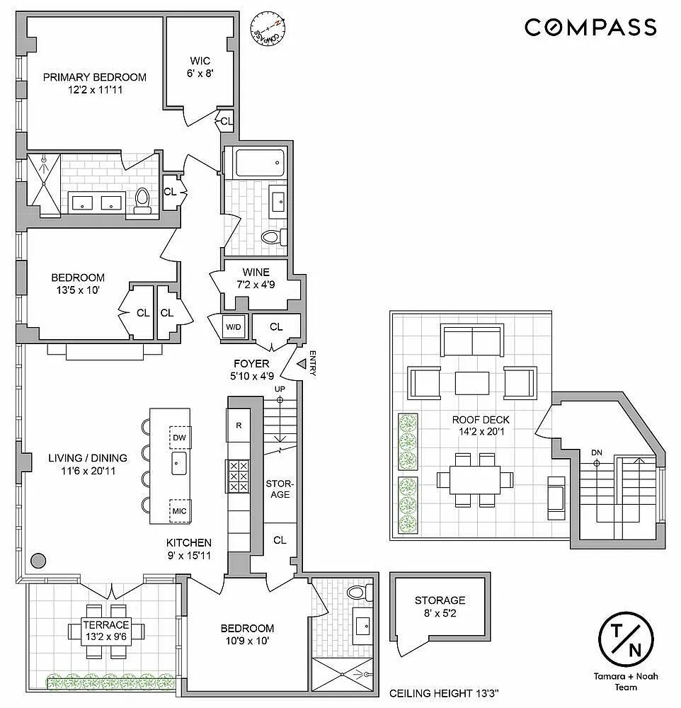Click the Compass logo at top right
coord(590,27)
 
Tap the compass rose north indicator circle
coord(268,28)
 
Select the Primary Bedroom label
coord(95,83)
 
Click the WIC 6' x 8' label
coord(200,67)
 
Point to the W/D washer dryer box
coord(234,326)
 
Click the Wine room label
coord(256,278)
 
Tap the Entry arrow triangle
coord(302,362)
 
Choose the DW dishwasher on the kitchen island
coord(180,437)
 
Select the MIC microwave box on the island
coord(180,510)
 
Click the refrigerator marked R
coord(239,426)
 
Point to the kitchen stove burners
coord(238,476)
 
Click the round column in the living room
coord(38,560)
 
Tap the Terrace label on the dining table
coord(107,631)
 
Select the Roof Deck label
coord(481,426)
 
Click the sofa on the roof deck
coord(472,341)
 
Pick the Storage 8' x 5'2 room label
coord(440,607)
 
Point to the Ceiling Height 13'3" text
coord(445,693)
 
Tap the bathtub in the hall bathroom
coord(260,163)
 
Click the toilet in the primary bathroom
coord(142,201)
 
